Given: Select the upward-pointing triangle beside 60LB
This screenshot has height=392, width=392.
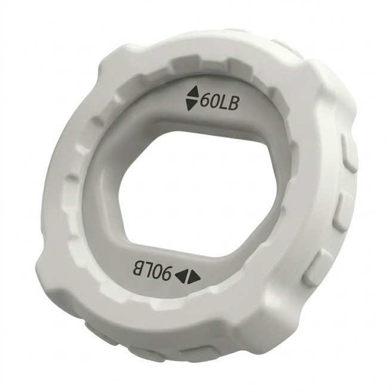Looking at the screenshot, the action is click(x=193, y=92).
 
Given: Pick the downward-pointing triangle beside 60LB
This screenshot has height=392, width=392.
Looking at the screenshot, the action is click(x=192, y=104).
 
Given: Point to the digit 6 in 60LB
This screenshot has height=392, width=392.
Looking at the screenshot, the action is click(x=205, y=100).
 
